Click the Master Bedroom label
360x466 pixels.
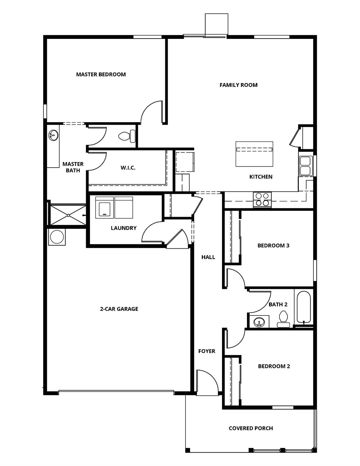click(101, 74)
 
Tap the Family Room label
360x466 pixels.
click(238, 85)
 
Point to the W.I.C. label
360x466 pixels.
click(128, 168)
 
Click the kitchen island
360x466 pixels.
click(254, 154)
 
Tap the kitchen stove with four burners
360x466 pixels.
click(262, 200)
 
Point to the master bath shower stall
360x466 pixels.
click(68, 215)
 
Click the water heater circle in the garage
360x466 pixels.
click(57, 237)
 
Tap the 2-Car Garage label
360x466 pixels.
click(119, 309)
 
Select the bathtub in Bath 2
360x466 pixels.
click(303, 307)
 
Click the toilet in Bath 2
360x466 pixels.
click(283, 319)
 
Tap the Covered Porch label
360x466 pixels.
click(251, 428)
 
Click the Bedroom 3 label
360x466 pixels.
click(273, 245)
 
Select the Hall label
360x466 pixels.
click(208, 257)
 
